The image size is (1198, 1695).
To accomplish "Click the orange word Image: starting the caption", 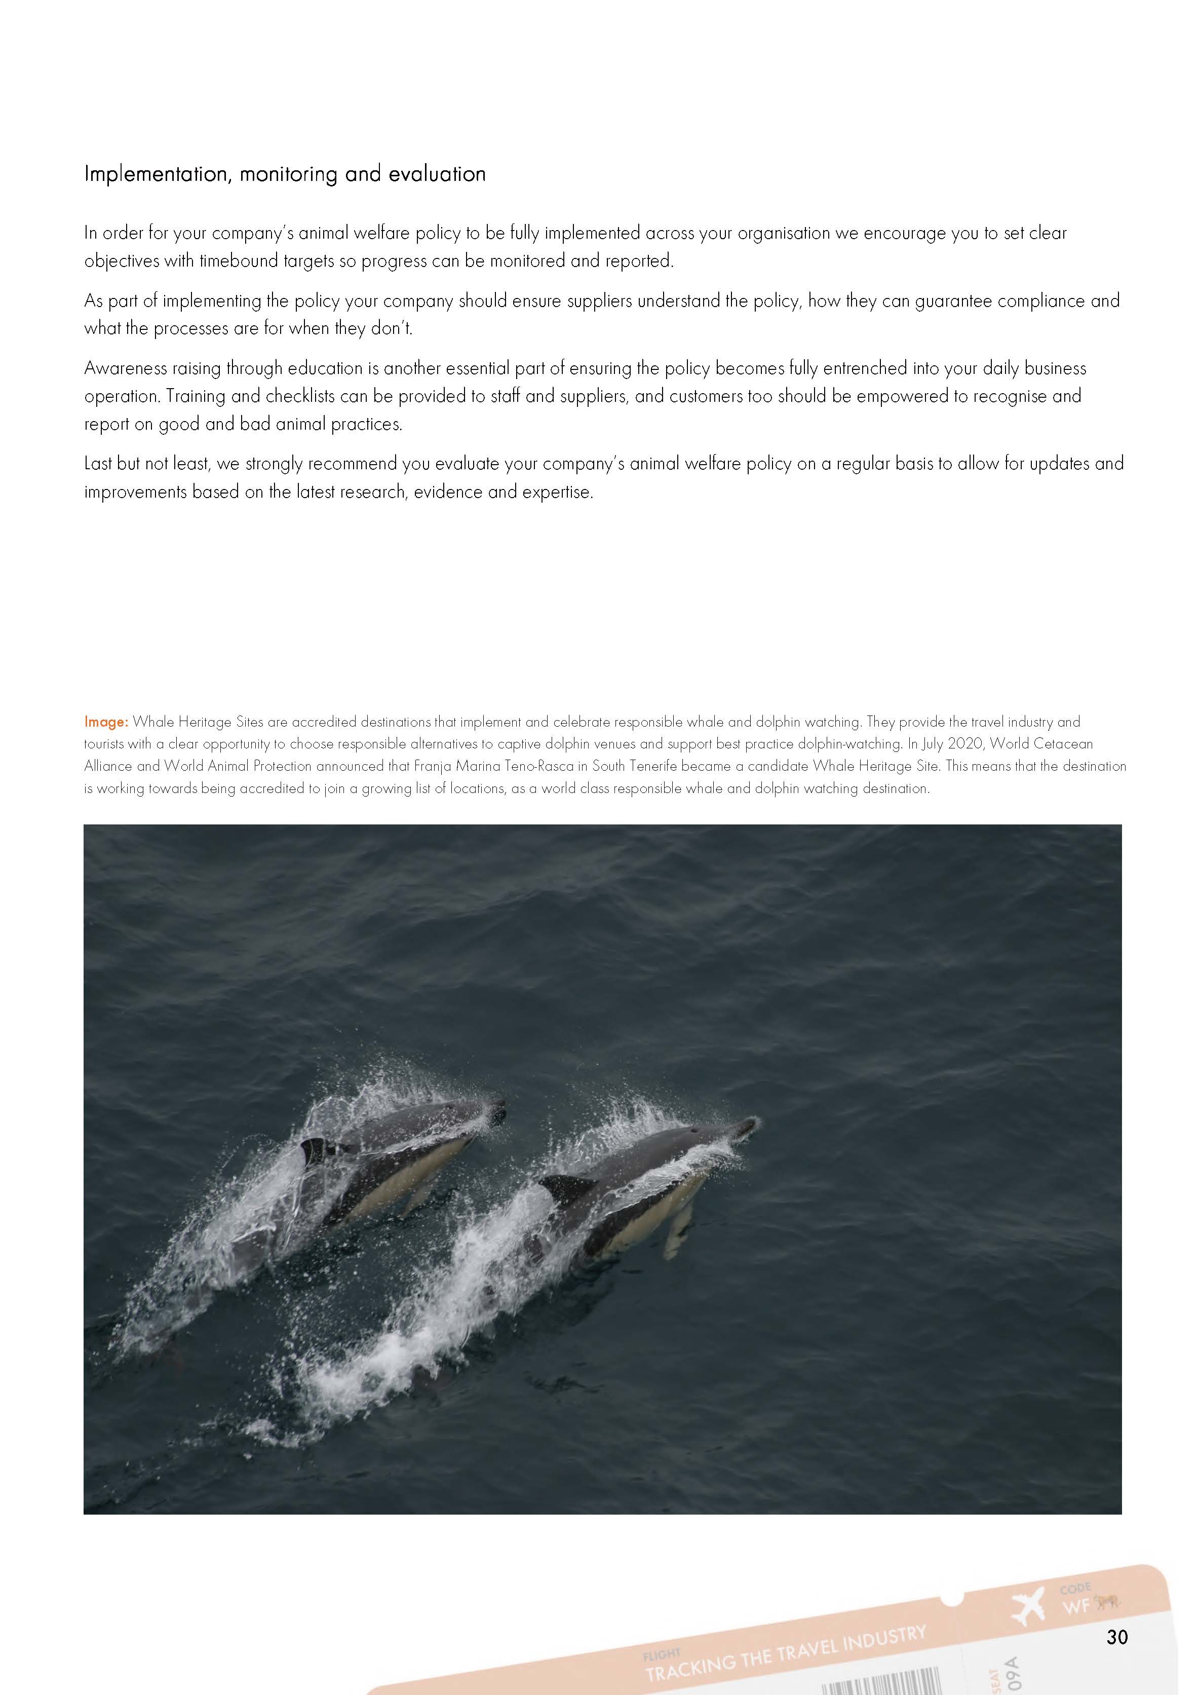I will tap(106, 721).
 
